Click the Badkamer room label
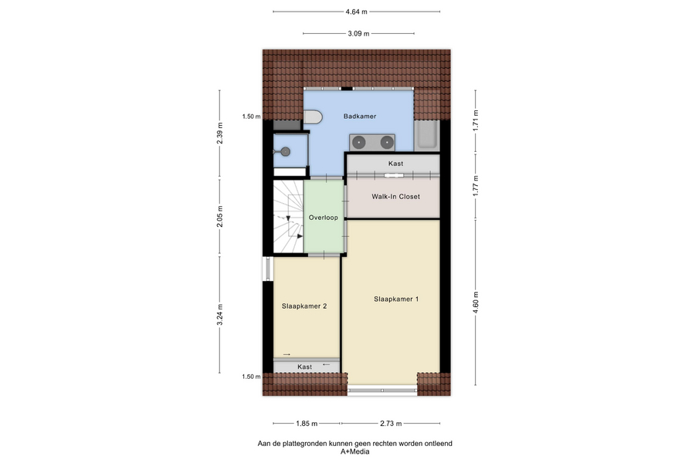tap(359, 116)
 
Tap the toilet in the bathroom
tap(313, 117)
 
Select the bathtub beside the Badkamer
tap(426, 135)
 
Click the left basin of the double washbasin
tap(359, 142)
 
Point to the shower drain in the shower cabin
tap(286, 151)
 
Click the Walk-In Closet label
tap(395, 196)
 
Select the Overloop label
tap(323, 218)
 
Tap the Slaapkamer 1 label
tap(396, 299)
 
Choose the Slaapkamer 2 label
tap(304, 306)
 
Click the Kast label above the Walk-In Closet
tap(395, 164)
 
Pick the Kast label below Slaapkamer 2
tap(304, 367)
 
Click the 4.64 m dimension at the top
tap(356, 12)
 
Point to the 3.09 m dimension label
tap(358, 33)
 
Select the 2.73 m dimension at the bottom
tap(391, 424)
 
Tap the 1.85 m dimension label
tap(307, 424)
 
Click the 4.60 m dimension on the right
tap(476, 302)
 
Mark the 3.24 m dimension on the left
tap(219, 315)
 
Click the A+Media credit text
tap(354, 452)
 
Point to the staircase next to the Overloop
tap(288, 216)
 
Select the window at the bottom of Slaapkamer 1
tap(382, 390)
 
